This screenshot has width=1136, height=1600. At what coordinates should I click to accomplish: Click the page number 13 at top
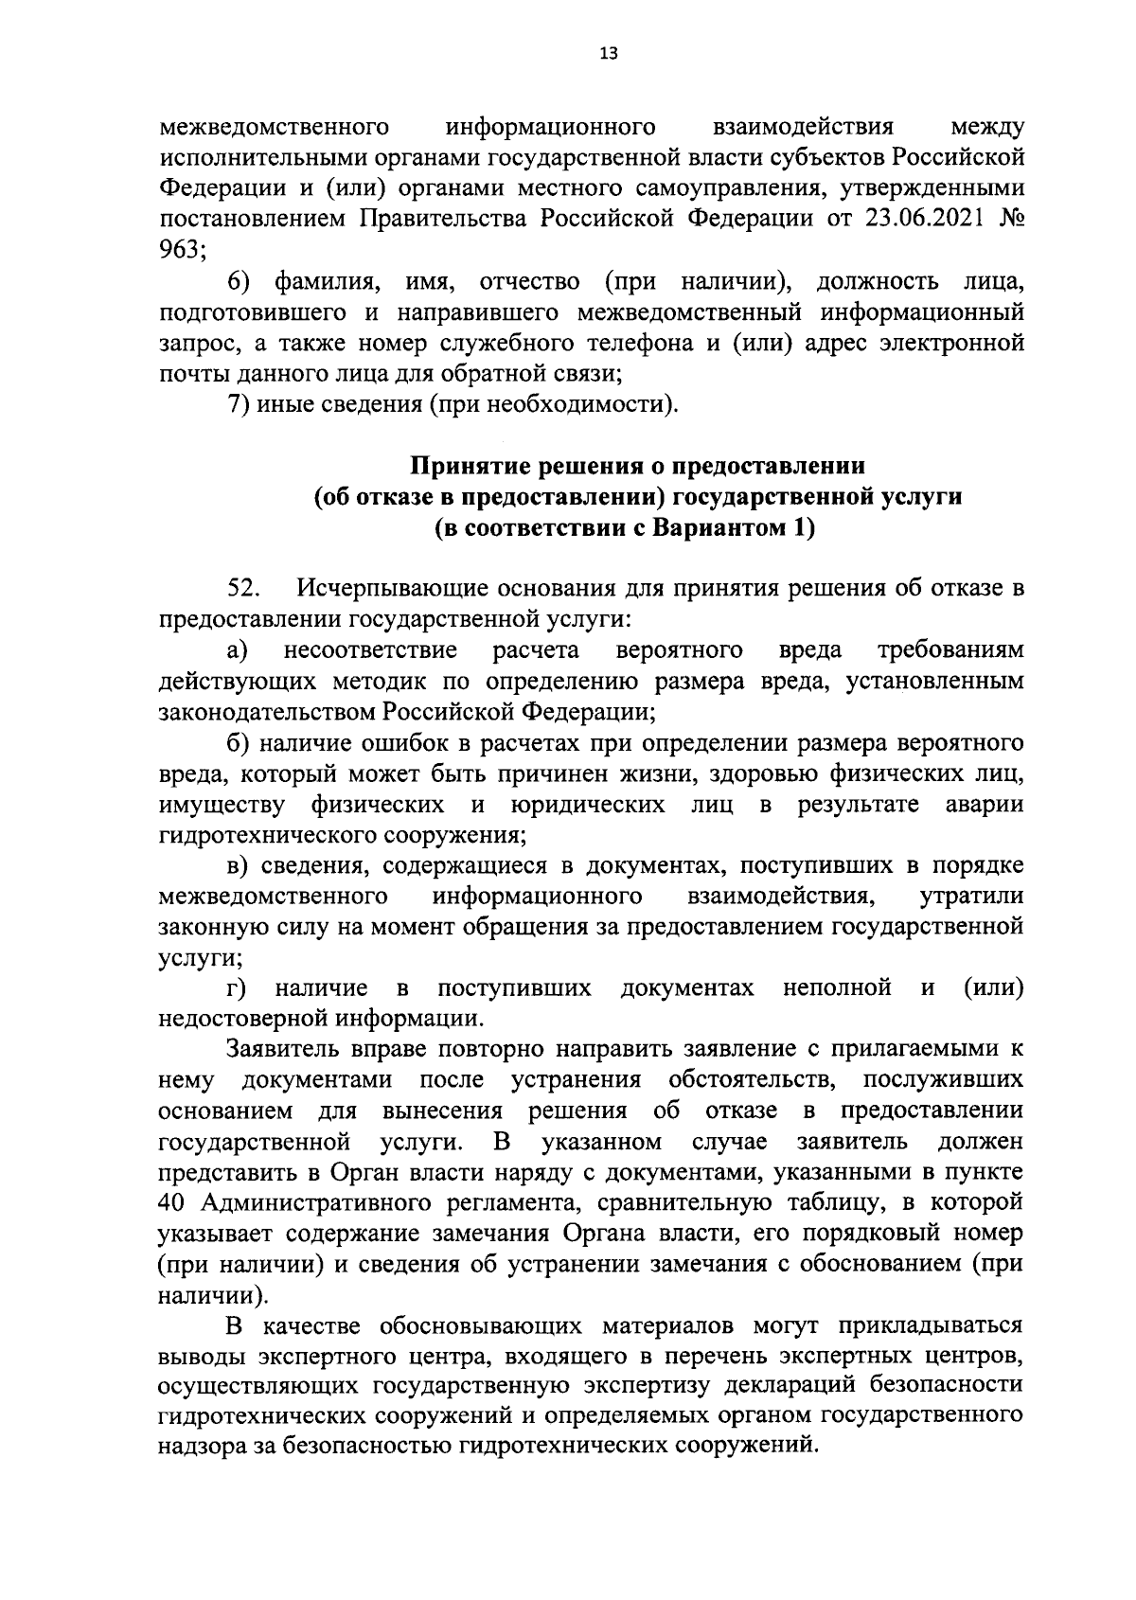[608, 54]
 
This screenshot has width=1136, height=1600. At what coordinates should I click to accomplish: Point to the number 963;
[183, 249]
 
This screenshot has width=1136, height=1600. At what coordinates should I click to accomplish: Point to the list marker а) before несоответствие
[239, 650]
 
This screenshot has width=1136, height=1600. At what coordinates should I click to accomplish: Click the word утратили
[971, 896]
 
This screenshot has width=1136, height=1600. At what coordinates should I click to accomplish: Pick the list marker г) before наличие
[238, 988]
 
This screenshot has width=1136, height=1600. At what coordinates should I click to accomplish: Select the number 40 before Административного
[174, 1203]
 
